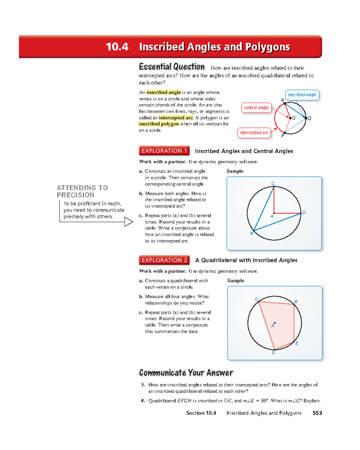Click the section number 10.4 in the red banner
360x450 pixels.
coord(117,47)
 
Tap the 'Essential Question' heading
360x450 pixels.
coord(172,67)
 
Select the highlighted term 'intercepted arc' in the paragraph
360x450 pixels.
coord(176,118)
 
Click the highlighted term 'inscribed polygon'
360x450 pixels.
coord(159,124)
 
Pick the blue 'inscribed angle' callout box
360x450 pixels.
coord(302,95)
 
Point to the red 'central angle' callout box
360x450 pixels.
coord(256,108)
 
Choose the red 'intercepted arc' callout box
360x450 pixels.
coord(254,133)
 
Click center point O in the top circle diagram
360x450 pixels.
coord(290,118)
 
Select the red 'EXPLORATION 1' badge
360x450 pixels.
coord(164,150)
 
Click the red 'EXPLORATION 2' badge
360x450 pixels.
coord(164,260)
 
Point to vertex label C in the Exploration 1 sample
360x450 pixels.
coord(273,183)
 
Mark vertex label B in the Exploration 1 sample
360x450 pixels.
coord(252,233)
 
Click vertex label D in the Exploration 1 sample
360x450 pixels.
coord(304,213)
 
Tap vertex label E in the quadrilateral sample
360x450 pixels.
coord(297,343)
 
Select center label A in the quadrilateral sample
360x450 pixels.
coord(273,325)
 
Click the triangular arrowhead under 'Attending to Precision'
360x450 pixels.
coord(129,222)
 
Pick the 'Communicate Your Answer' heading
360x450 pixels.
coord(186,373)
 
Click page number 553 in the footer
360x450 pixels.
coord(317,413)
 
